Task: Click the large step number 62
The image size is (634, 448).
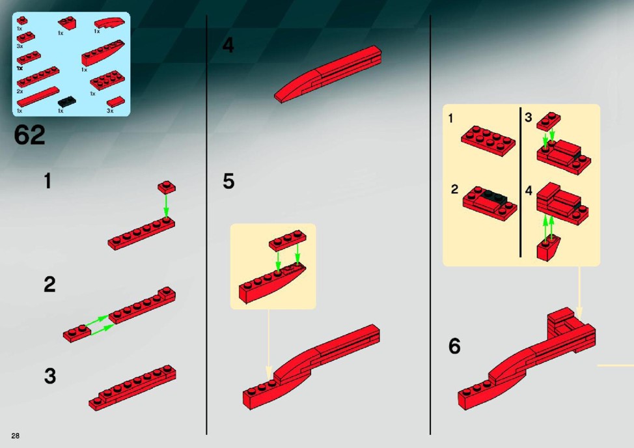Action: pos(29,135)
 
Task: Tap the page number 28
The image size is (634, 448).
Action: pos(16,436)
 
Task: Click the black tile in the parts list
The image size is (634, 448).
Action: pos(66,102)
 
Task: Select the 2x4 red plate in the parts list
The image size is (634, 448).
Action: pos(107,81)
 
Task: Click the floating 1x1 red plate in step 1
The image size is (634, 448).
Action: pos(167,187)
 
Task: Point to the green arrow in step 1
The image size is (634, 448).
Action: pos(166,206)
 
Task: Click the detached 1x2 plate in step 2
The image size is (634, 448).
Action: pos(77,333)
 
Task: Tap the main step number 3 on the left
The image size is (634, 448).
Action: pos(49,376)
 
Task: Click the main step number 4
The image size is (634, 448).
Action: pos(228,46)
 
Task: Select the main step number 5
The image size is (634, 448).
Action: pos(228,181)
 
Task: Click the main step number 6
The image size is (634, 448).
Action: pos(454,346)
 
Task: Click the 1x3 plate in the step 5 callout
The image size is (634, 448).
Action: pos(288,240)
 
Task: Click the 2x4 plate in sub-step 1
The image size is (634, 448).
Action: pos(488,140)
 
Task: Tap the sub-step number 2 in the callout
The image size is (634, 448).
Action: pos(454,189)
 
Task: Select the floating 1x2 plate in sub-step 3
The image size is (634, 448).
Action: pos(549,121)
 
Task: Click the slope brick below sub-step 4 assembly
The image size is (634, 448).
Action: pos(548,248)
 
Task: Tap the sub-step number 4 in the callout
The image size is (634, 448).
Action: pos(529,190)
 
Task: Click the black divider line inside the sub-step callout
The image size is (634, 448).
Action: pos(520,182)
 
